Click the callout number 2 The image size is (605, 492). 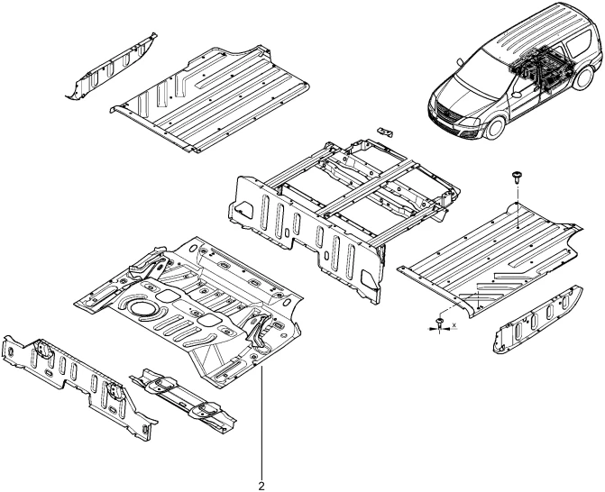[x=261, y=486]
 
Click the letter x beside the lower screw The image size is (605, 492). [x=454, y=325]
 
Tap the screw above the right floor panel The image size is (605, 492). [x=516, y=177]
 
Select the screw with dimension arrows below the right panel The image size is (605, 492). [x=439, y=323]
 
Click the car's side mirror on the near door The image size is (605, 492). [x=518, y=95]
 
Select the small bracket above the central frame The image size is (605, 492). [x=386, y=132]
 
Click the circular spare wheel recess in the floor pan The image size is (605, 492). [x=142, y=307]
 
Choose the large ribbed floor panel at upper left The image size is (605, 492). [x=210, y=99]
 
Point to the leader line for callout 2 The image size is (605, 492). [x=262, y=424]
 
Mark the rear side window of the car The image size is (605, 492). [x=578, y=45]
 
